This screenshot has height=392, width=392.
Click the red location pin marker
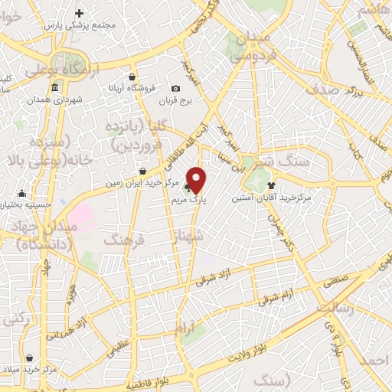coord(197,179)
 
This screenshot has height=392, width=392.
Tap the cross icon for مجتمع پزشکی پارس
coord(80,13)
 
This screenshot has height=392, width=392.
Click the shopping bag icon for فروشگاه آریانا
coord(132,77)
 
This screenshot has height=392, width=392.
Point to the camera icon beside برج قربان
coord(176,89)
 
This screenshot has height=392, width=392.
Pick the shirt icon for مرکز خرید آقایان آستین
coord(271,185)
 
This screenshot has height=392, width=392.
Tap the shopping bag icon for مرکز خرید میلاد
coord(29,358)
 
